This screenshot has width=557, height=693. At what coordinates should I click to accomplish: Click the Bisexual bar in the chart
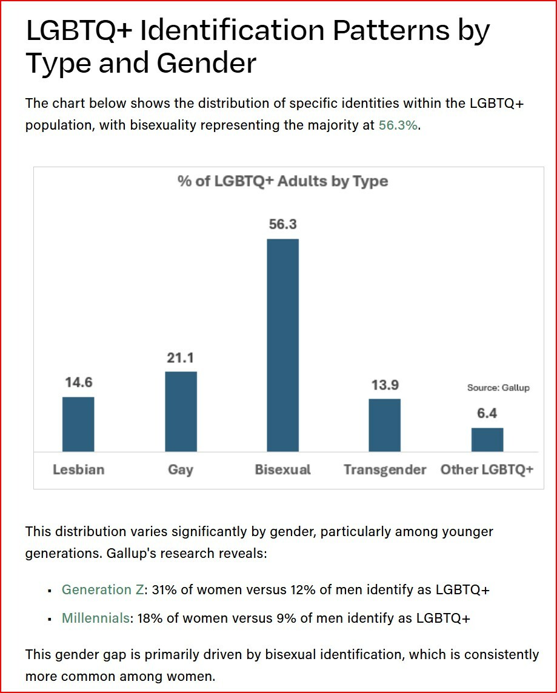click(x=282, y=345)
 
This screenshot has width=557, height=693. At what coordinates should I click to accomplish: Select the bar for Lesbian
click(x=78, y=424)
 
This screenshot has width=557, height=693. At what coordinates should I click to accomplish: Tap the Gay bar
click(x=181, y=411)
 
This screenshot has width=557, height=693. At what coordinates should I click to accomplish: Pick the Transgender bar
click(x=384, y=425)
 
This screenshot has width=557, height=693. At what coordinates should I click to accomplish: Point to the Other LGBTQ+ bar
click(x=487, y=439)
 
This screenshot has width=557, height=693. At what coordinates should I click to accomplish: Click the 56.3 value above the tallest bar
click(x=282, y=224)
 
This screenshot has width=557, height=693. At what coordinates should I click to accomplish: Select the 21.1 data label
click(x=181, y=357)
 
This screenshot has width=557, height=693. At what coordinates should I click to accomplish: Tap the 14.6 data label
click(x=78, y=383)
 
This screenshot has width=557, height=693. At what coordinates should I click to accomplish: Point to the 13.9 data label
click(x=384, y=385)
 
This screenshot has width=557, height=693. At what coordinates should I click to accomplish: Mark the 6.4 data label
click(x=487, y=413)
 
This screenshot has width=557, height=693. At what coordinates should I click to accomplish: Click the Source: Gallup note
click(x=498, y=388)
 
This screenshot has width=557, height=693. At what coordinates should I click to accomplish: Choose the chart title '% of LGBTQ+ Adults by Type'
click(x=282, y=181)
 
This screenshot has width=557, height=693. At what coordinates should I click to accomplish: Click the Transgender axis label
click(x=385, y=469)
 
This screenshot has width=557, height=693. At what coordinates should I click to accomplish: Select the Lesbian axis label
click(x=78, y=469)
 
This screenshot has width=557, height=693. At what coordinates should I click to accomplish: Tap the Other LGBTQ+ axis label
click(x=487, y=469)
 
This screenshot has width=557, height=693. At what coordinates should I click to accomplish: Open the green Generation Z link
click(x=102, y=590)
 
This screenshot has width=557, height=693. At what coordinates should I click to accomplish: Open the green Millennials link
click(x=96, y=618)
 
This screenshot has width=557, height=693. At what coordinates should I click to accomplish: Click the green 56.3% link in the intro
click(x=398, y=126)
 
